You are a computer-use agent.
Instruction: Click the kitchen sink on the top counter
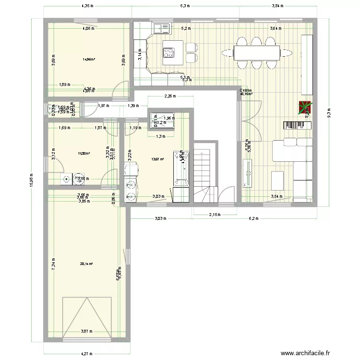pos(161,29)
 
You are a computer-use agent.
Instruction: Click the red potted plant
pos(304,108)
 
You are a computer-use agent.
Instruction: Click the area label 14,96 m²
pos(88,60)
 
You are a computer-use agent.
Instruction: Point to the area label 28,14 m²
pos(86,263)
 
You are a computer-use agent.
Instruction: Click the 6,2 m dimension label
pos(253,218)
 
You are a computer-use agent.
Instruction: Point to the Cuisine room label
pos(246,90)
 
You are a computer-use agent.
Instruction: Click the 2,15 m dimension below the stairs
pos(215,215)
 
